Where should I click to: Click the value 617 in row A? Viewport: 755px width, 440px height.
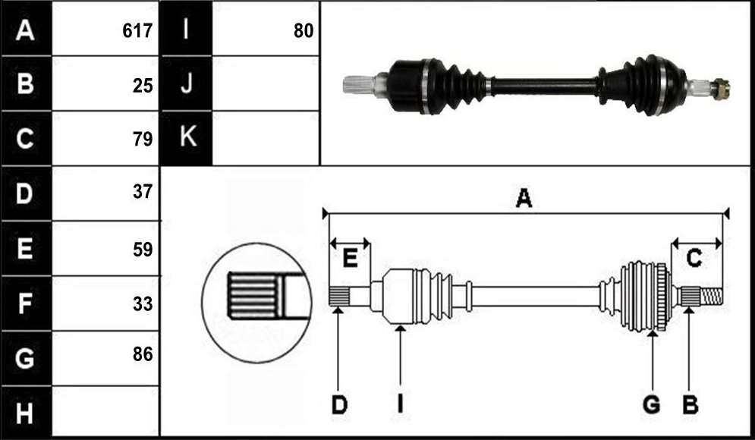(x=137, y=31)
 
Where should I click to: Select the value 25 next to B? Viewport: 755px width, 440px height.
(x=143, y=86)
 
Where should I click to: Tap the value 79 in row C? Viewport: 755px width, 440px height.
(x=143, y=139)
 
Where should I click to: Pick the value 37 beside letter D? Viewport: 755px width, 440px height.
(x=143, y=192)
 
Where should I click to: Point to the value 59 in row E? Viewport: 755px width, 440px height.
(x=143, y=250)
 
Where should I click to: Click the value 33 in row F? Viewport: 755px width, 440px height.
(x=143, y=303)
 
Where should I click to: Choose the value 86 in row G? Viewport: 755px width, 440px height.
(x=143, y=354)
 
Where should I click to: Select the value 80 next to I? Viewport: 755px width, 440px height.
(x=304, y=31)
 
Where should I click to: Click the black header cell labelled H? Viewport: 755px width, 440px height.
(x=26, y=412)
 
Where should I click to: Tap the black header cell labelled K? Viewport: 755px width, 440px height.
(x=187, y=138)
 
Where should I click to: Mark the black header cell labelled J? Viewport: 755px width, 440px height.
(x=187, y=83)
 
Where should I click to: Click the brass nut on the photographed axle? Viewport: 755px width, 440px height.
(x=722, y=89)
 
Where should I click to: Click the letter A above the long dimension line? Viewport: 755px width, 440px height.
(x=524, y=198)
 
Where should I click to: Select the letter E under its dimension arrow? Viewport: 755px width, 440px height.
(x=350, y=258)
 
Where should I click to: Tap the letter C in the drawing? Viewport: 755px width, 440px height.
(x=694, y=259)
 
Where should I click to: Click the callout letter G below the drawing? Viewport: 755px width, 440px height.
(x=652, y=405)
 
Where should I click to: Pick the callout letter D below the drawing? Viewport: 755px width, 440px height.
(x=339, y=405)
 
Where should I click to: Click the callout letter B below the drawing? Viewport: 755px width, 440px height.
(x=690, y=405)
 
